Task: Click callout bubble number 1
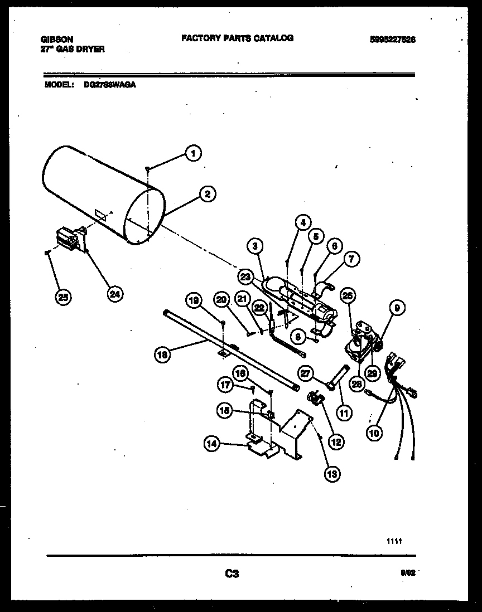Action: click(192, 153)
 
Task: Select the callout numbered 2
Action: click(207, 194)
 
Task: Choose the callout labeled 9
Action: click(398, 307)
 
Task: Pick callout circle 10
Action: click(375, 431)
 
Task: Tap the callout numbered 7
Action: click(352, 259)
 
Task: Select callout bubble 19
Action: click(194, 302)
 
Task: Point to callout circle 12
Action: click(336, 442)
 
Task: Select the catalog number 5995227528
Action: click(393, 40)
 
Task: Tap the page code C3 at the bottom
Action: click(232, 573)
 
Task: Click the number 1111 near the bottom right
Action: click(394, 541)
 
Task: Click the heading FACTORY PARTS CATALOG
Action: click(237, 38)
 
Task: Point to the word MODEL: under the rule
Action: click(57, 85)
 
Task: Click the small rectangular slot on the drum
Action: click(100, 214)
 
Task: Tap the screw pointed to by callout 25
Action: click(47, 253)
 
